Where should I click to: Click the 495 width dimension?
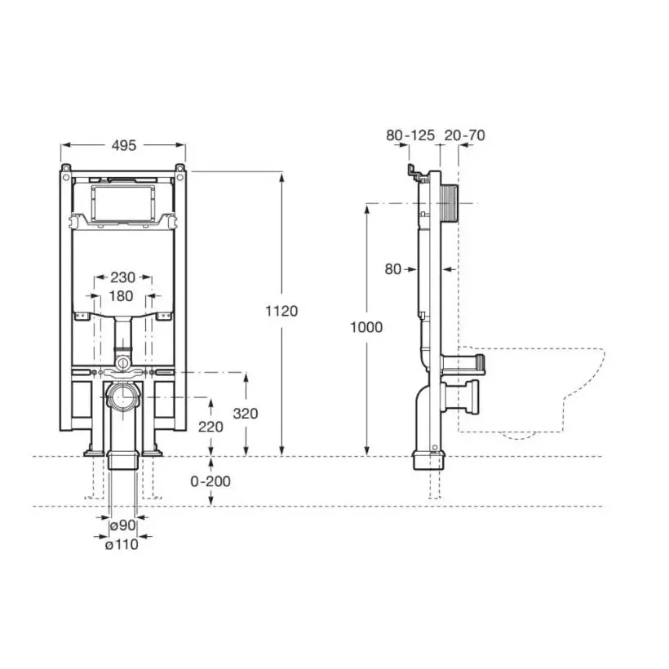(x=124, y=145)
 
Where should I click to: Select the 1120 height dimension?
(x=281, y=311)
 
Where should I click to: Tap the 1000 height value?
(x=366, y=327)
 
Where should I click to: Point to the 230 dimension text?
(x=123, y=277)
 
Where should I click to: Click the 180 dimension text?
(x=122, y=295)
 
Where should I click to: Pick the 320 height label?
(x=246, y=413)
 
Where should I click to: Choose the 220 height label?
(x=210, y=427)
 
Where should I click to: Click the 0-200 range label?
(x=210, y=481)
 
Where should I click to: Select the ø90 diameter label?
(x=123, y=525)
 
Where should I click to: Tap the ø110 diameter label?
(x=122, y=544)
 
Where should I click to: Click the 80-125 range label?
(x=410, y=135)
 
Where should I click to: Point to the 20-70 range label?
(x=465, y=135)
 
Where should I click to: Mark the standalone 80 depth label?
(x=393, y=269)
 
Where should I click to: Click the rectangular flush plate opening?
(x=123, y=203)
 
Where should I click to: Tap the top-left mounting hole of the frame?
(x=66, y=176)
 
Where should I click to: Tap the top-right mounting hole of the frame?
(x=180, y=176)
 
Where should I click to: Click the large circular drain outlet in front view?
(x=123, y=397)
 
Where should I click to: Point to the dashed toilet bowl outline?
(x=532, y=392)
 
